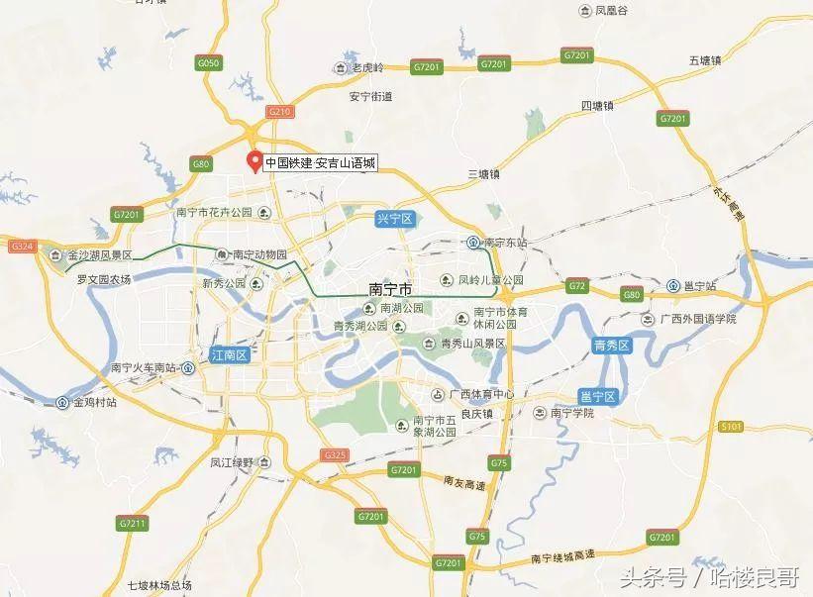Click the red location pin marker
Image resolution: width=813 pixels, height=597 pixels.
click(x=254, y=161)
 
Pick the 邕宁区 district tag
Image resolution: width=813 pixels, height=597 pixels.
click(x=597, y=396)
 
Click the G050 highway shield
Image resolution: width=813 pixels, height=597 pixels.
click(x=207, y=62)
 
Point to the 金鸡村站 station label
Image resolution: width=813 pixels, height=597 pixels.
click(x=93, y=403)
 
